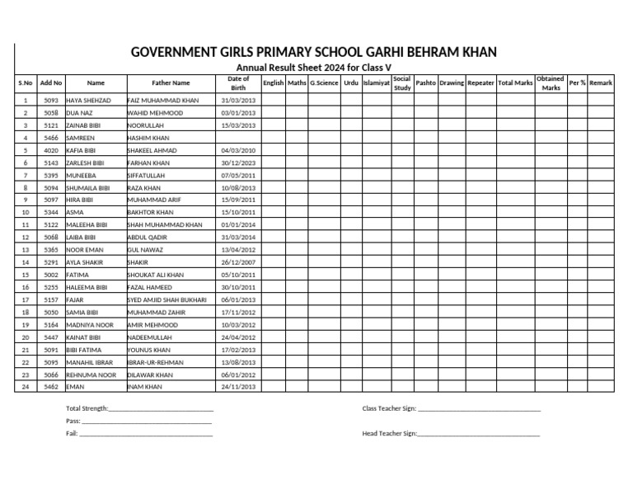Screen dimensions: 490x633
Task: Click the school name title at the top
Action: click(314, 53)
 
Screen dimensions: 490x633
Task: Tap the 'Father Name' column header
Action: click(171, 83)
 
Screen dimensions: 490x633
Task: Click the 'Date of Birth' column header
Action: click(238, 83)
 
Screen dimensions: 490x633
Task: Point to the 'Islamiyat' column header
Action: click(376, 83)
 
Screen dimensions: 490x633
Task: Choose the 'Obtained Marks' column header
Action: click(551, 83)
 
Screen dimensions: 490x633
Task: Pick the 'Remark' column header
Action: click(600, 83)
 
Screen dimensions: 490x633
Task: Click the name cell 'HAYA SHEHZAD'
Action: click(88, 100)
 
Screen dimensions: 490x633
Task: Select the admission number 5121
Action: click(51, 125)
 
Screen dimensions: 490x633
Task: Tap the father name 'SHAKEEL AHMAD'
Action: click(152, 151)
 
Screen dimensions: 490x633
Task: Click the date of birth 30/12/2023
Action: click(238, 163)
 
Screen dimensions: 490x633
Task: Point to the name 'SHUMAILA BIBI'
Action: click(87, 188)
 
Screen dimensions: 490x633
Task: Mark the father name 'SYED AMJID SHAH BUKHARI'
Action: click(167, 300)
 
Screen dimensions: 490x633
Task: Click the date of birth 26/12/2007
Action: click(238, 262)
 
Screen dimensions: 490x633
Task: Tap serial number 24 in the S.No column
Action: click(26, 387)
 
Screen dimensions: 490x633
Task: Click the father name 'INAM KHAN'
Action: click(144, 387)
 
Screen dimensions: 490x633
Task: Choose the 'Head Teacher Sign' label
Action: click(390, 434)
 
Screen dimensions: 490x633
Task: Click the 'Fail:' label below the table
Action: click(72, 434)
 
